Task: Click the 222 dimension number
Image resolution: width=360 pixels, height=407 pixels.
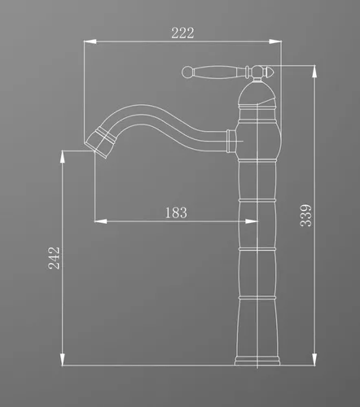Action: pos(182,33)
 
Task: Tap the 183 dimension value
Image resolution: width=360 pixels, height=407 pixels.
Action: pos(176,212)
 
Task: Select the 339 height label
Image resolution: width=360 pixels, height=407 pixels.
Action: pos(306,216)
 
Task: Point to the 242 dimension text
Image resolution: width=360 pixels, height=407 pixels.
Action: pos(54,258)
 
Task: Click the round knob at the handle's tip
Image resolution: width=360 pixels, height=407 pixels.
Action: pos(187,72)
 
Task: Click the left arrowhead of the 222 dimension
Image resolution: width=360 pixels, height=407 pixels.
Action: pos(90,42)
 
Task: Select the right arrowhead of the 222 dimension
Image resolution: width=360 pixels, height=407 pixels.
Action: pos(275,42)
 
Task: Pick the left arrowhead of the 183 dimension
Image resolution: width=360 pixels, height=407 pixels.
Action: pos(100,221)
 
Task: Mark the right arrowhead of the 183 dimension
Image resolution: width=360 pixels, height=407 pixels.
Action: pos(251,221)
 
